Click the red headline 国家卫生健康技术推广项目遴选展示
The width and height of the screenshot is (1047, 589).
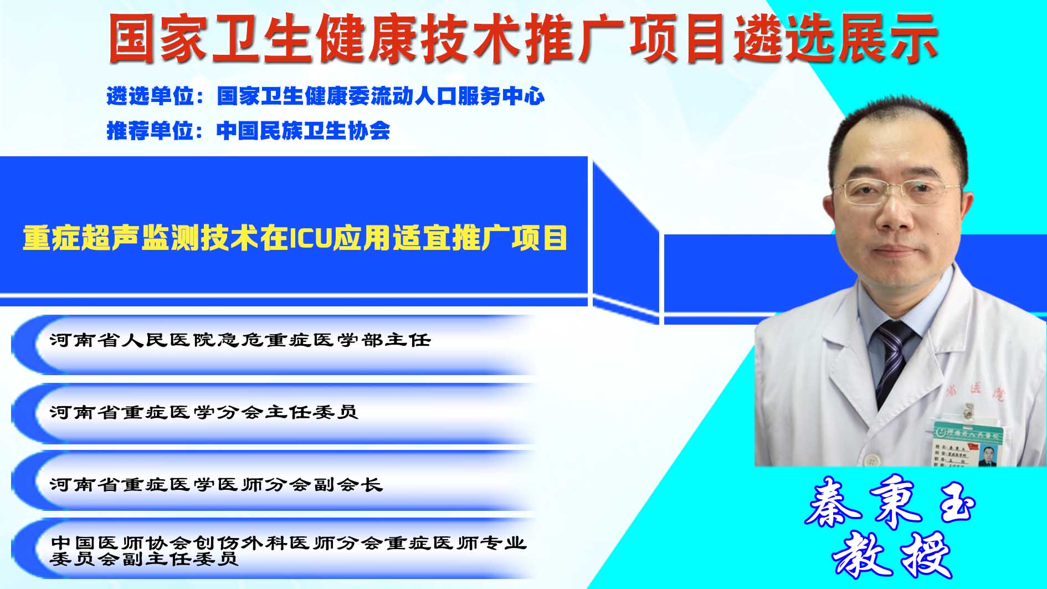pos(523,38)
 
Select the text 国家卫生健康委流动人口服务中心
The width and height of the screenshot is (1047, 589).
pos(381,96)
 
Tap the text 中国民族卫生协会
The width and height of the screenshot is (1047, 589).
pos(304,131)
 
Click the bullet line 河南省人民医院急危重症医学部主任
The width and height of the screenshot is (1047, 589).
pos(240,340)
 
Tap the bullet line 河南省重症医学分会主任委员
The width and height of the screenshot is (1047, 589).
pos(204,412)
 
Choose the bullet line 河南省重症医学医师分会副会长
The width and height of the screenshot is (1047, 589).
pos(216,485)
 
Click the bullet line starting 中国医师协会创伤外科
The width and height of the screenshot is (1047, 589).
pos(288,550)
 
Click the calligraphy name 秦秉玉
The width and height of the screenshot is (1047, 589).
pos(890,501)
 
